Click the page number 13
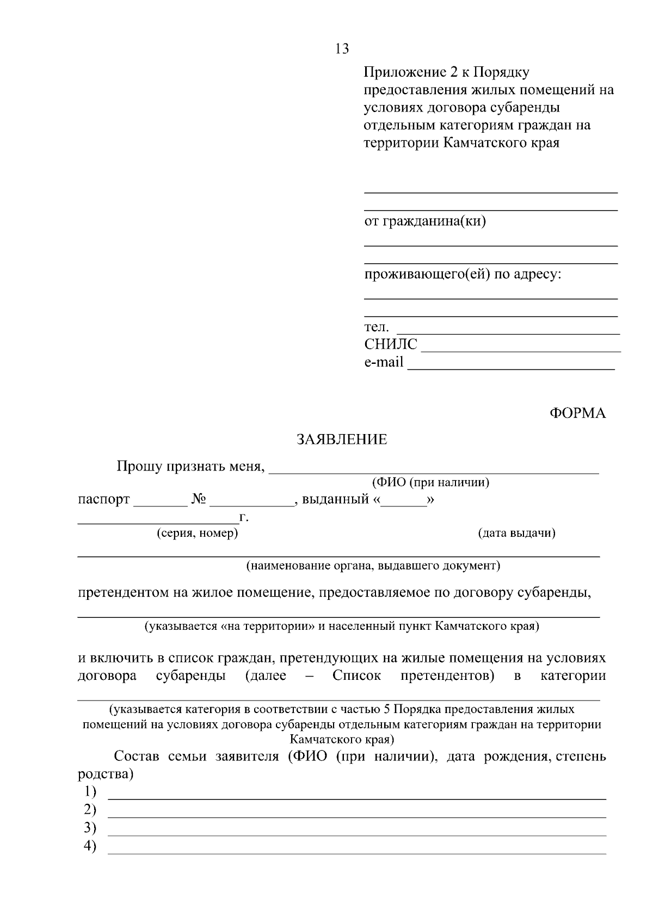coord(342,49)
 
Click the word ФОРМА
coord(577,413)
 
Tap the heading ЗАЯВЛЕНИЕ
coord(342,439)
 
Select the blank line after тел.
coord(508,331)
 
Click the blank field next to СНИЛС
coord(521,349)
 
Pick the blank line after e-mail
coord(511,366)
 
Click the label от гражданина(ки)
coord(425,221)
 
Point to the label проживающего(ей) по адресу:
coord(463,274)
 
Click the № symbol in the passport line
coord(199,499)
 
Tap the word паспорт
coord(104,499)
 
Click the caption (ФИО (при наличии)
coord(430,482)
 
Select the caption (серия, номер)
coord(198,533)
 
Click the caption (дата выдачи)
coord(516,533)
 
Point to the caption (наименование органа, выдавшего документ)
coord(373,566)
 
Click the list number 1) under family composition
coord(90,791)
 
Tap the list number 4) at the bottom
coord(90,846)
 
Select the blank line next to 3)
coord(357,833)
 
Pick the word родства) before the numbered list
coord(106,774)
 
